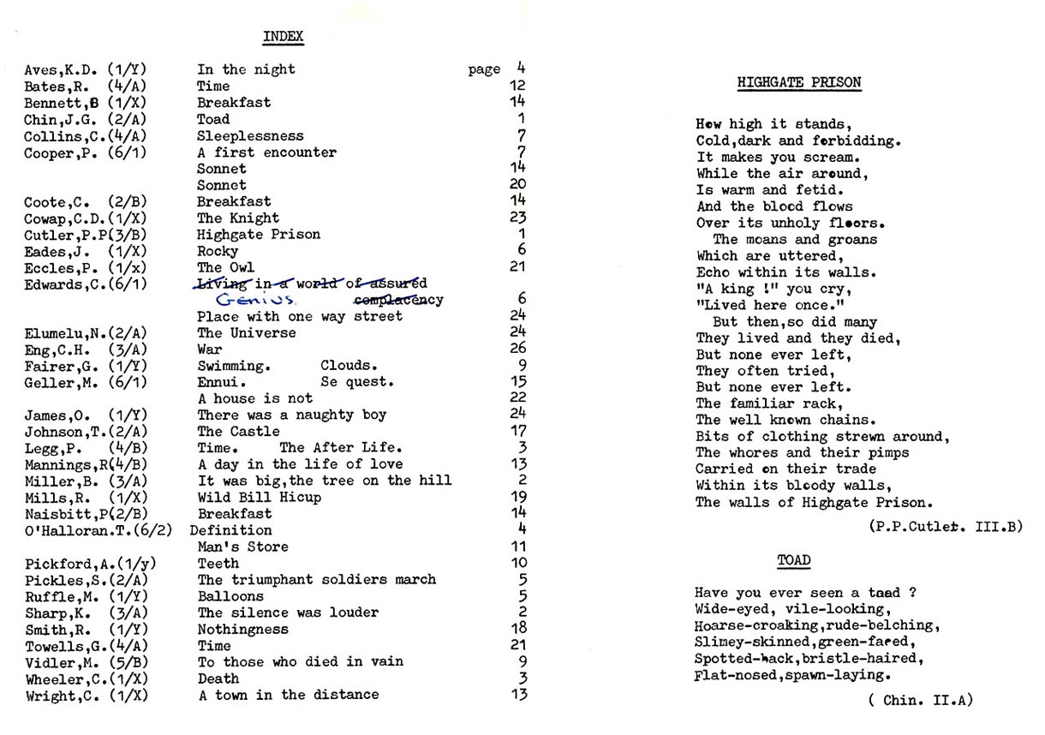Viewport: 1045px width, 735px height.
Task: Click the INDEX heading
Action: point(283,37)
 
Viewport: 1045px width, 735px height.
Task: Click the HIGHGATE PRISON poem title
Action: point(799,83)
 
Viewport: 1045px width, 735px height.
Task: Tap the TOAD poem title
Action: point(793,561)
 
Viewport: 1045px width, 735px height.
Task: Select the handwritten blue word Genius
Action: point(255,301)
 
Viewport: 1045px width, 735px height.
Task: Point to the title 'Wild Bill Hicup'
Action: point(260,498)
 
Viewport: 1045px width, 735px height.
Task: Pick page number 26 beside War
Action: point(517,349)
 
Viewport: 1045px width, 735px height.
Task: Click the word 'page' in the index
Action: point(484,70)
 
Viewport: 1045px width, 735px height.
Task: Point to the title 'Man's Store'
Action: point(243,547)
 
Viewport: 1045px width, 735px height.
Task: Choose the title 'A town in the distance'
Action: point(288,695)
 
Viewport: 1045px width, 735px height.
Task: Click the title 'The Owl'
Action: point(226,267)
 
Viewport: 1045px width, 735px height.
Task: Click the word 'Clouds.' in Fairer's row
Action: point(349,366)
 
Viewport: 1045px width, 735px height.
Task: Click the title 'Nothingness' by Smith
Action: point(243,629)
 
